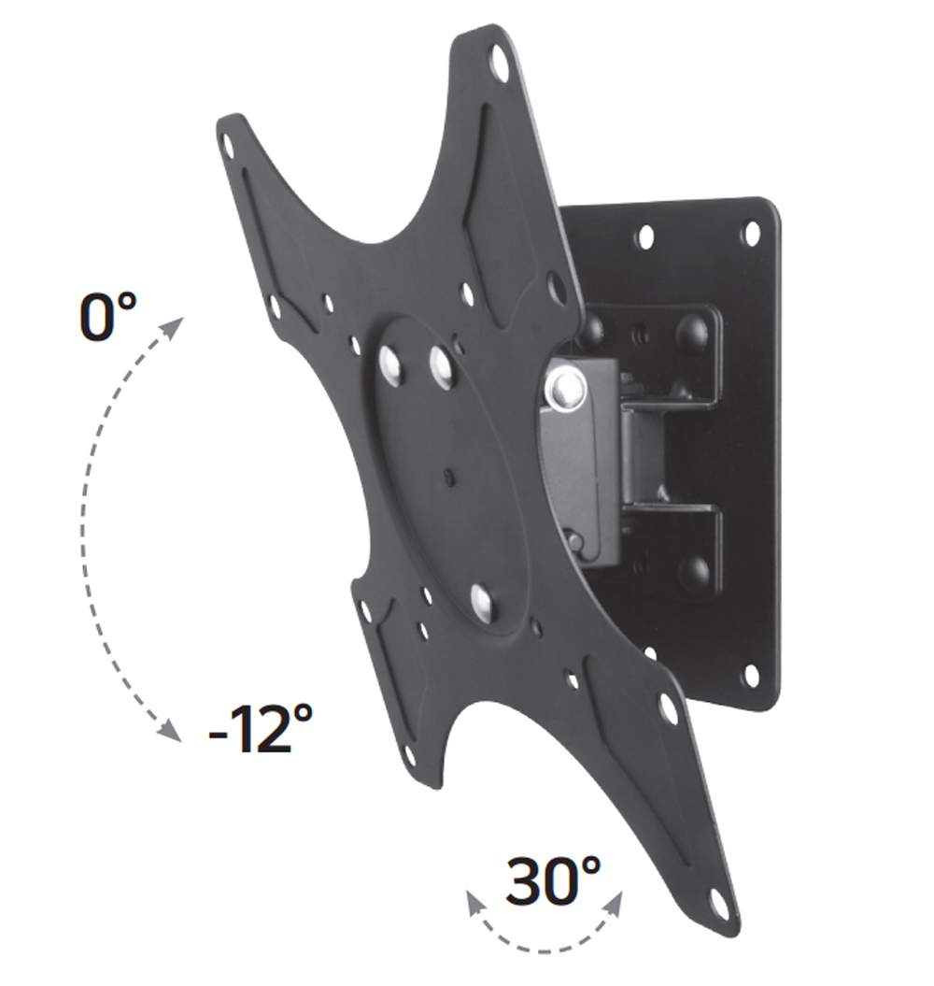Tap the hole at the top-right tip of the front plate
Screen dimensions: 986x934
pyautogui.click(x=499, y=64)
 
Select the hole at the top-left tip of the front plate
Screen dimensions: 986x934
pyautogui.click(x=227, y=145)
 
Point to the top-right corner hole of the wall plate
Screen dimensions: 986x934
pyautogui.click(x=750, y=233)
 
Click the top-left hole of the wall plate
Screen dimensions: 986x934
pyautogui.click(x=645, y=236)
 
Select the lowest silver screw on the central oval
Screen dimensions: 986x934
pyautogui.click(x=482, y=599)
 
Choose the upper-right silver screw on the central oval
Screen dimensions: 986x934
pyautogui.click(x=441, y=365)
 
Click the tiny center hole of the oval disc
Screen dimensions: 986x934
pyautogui.click(x=449, y=479)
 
